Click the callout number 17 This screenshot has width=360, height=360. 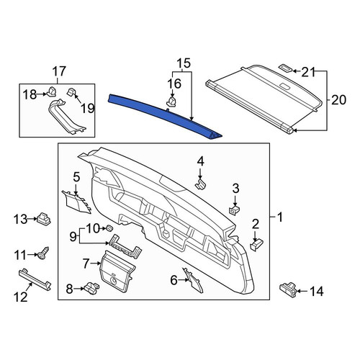(59, 71)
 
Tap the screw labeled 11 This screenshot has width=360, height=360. (42, 253)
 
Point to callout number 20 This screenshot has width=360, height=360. (339, 99)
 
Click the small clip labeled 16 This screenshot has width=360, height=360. (172, 102)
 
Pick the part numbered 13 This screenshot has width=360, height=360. (44, 218)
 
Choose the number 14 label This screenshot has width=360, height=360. (317, 292)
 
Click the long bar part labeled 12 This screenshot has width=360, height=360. (35, 279)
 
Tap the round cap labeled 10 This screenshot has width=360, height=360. (109, 228)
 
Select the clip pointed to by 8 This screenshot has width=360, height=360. (91, 287)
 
